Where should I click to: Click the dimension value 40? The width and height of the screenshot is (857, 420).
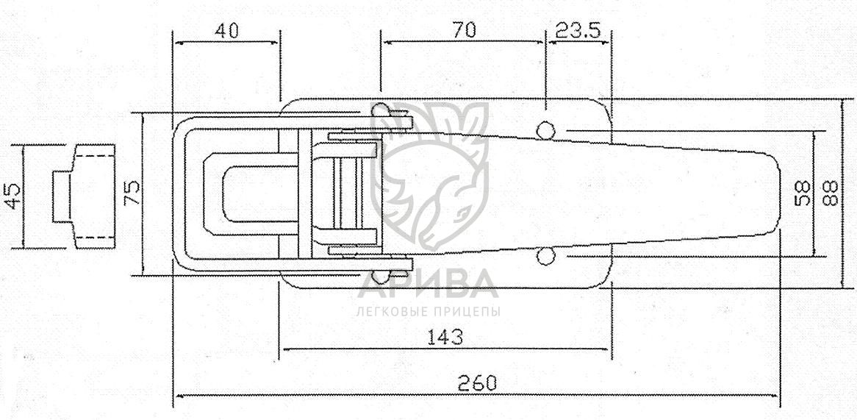click(226, 31)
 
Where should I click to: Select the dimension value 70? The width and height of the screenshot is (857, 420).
click(464, 31)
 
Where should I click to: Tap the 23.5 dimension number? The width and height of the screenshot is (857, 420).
click(578, 31)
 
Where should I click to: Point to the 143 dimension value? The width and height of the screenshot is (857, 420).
click(445, 337)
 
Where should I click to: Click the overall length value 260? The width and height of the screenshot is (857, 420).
click(478, 382)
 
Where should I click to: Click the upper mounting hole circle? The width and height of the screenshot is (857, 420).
click(545, 130)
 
